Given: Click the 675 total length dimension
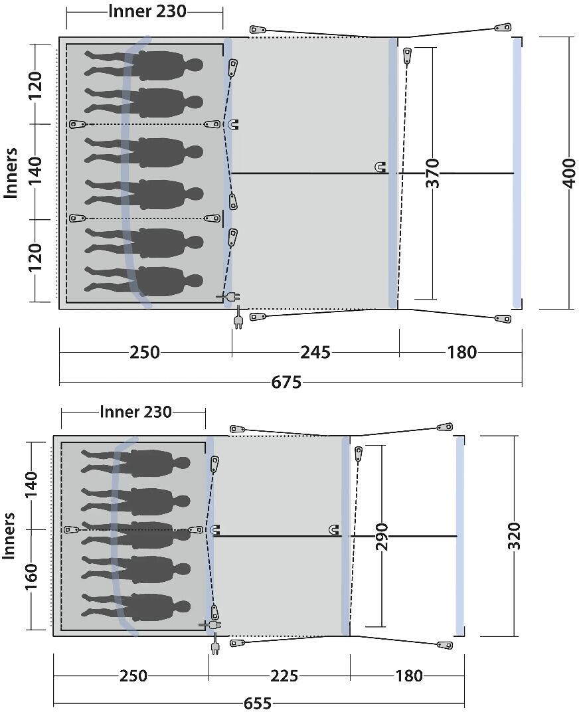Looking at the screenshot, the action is click(286, 383).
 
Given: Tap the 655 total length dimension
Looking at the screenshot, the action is click(258, 703).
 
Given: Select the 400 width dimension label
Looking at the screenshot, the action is click(568, 173).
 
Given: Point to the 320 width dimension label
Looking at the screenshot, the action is click(514, 536).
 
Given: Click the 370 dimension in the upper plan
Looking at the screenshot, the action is click(433, 173).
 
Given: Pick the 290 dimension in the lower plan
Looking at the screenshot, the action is click(381, 537).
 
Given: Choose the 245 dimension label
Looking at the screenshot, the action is click(315, 353).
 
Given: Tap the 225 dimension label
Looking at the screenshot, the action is click(284, 676).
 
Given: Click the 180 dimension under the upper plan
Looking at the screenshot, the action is click(462, 353).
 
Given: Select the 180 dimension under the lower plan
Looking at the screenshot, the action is click(409, 676).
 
